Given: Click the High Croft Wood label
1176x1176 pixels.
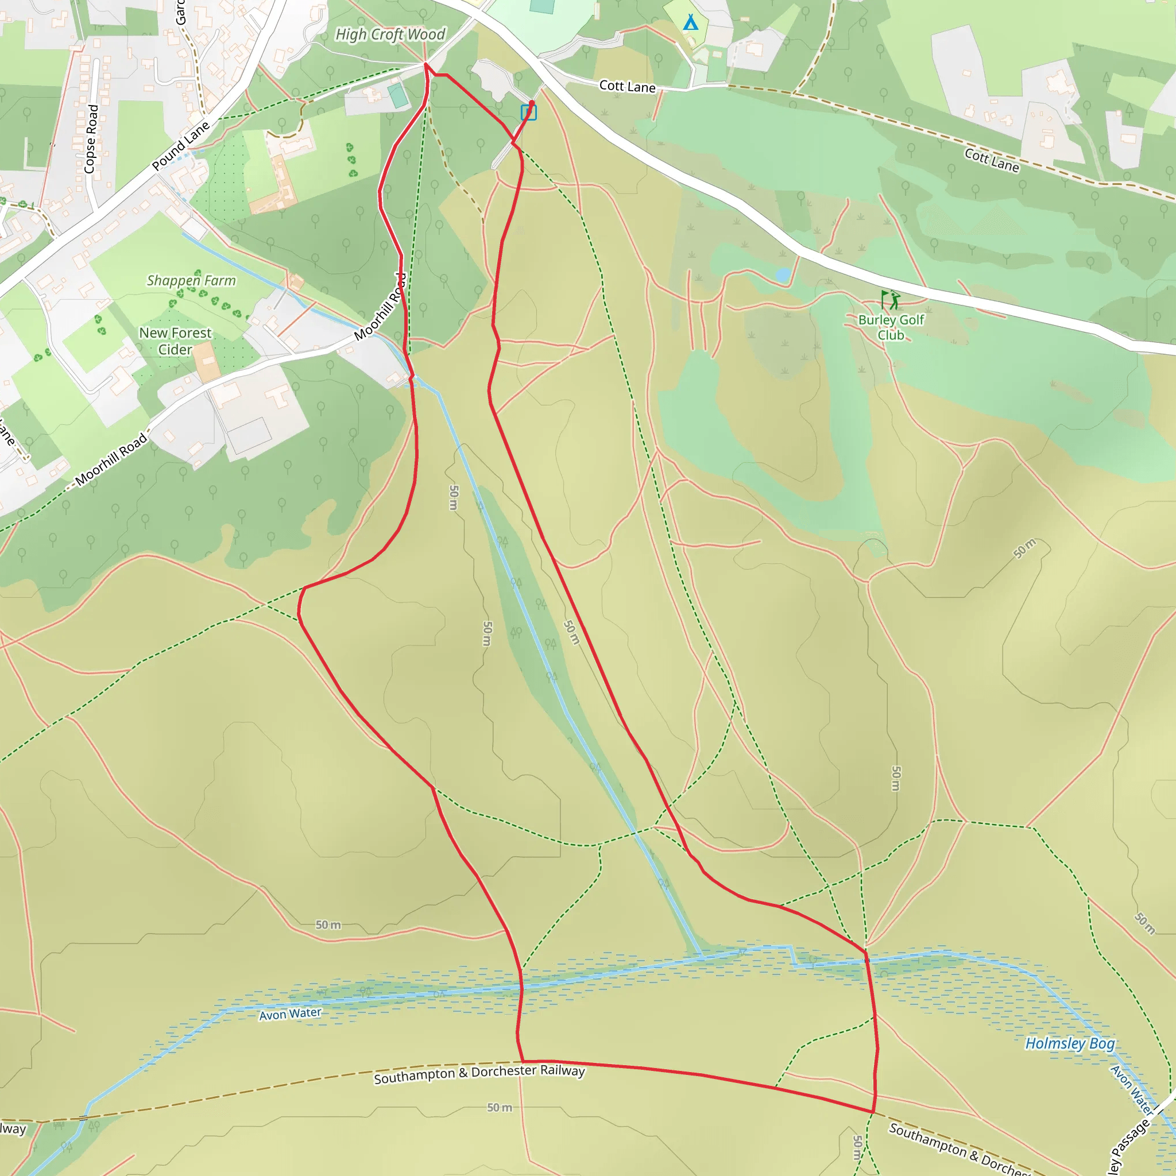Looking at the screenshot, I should point(390,34).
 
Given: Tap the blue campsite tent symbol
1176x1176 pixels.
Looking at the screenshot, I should point(690,22).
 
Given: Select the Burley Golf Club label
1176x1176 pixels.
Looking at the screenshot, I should point(891,327).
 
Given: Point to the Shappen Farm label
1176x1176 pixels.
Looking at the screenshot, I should point(191,281).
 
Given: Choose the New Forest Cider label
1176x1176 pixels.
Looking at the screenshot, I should point(175,341).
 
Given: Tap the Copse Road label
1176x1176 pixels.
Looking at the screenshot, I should point(91,139).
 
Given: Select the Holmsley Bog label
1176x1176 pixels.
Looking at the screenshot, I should point(1069,1043).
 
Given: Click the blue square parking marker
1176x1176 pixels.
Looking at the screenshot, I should point(528,113).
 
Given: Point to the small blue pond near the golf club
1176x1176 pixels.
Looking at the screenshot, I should point(783,275).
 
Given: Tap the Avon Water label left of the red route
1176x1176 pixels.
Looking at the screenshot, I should point(290,1013).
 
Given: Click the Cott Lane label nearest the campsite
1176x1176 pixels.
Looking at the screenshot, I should point(627,87).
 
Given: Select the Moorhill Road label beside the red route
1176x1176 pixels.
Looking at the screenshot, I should point(381,307).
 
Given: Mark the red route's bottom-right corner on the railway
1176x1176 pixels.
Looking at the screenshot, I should point(873,1112).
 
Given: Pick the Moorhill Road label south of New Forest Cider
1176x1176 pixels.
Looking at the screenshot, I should point(111,459).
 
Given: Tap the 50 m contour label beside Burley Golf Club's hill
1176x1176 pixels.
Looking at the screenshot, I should point(1024,548).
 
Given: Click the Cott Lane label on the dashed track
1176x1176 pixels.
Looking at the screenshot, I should point(991,160).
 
